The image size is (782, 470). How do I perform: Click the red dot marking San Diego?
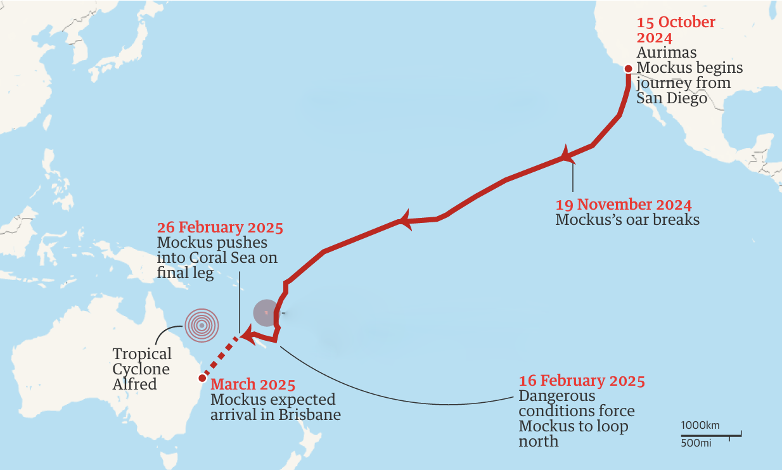coord(628,69)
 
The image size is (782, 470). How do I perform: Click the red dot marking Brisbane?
coord(202,378)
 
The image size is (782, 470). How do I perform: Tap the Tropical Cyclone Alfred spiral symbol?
coord(202,326)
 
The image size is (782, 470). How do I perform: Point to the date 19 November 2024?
coord(623,205)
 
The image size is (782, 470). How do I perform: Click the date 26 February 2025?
coord(220,227)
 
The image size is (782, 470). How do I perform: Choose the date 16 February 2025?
coord(582,381)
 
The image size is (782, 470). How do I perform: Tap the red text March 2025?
coord(253,384)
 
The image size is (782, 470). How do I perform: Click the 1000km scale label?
coord(700,425)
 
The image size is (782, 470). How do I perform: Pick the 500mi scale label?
coord(696,443)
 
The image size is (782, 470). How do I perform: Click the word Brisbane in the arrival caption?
coord(311,415)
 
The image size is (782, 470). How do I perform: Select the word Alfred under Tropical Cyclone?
coord(134,384)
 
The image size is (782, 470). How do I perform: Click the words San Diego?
coord(672,98)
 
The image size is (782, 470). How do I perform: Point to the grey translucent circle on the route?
coord(266,312)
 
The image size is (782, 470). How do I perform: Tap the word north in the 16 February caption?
coord(539,441)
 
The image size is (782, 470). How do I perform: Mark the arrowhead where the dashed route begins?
coord(249,334)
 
